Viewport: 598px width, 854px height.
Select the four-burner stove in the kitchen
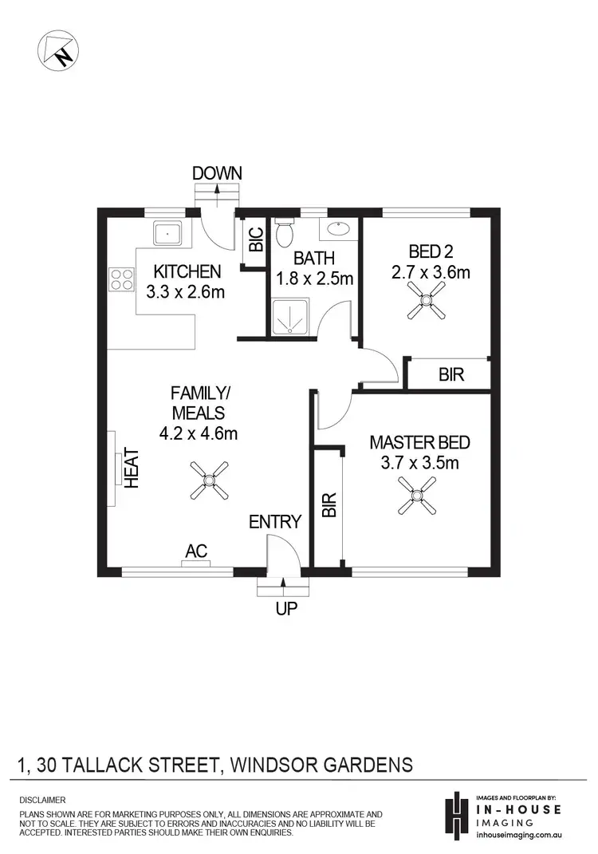(121, 279)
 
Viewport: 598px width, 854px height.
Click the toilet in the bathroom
(285, 235)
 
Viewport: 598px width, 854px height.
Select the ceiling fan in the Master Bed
(419, 494)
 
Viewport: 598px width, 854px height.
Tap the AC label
(196, 551)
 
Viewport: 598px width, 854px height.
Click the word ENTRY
(275, 522)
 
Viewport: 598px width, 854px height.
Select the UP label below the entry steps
(286, 609)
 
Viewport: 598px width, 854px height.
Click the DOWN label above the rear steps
(217, 173)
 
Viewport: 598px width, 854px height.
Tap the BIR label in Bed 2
(451, 374)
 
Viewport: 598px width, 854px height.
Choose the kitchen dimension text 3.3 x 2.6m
(186, 292)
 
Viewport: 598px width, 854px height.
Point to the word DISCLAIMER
(42, 799)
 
